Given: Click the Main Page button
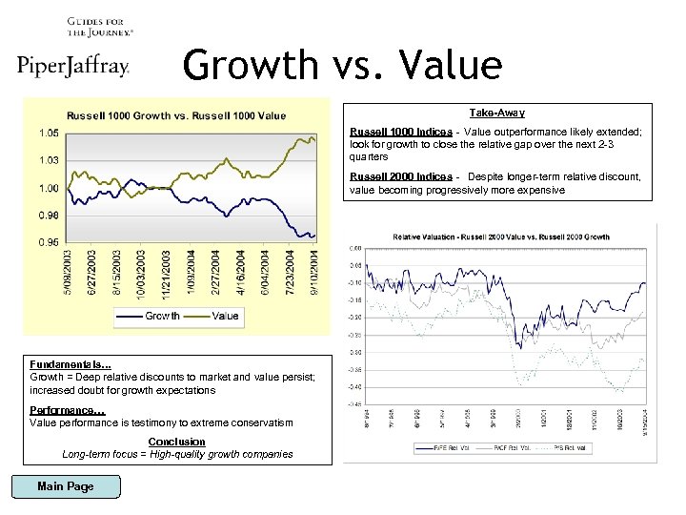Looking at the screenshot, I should pos(65,486).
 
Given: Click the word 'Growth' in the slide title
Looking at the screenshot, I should pos(250,65).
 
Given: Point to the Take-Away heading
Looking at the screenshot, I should pos(497,113).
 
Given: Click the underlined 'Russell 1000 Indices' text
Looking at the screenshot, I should pos(401,131).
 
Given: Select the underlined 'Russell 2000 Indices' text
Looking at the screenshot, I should pos(401,176).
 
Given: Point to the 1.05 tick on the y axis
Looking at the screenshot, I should pos(50,133).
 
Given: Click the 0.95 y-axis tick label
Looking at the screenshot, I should pos(50,242).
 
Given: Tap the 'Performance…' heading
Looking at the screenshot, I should pos(68,409).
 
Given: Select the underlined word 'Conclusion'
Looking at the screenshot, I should pos(177,442).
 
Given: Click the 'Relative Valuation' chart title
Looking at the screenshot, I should pos(502,237).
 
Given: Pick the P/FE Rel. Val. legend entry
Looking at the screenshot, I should pos(438,446).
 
